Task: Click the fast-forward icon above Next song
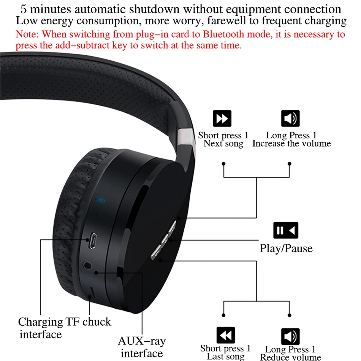click(222, 119)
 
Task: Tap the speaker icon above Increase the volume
click(290, 119)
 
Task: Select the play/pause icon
click(286, 230)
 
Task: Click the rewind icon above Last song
click(226, 335)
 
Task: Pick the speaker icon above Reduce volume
click(290, 336)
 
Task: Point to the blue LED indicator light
click(101, 199)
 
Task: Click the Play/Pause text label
click(286, 249)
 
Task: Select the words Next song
click(223, 144)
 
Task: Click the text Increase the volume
click(291, 144)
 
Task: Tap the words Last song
click(225, 356)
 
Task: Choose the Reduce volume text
click(291, 357)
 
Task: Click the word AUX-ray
click(142, 341)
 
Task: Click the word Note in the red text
click(26, 34)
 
